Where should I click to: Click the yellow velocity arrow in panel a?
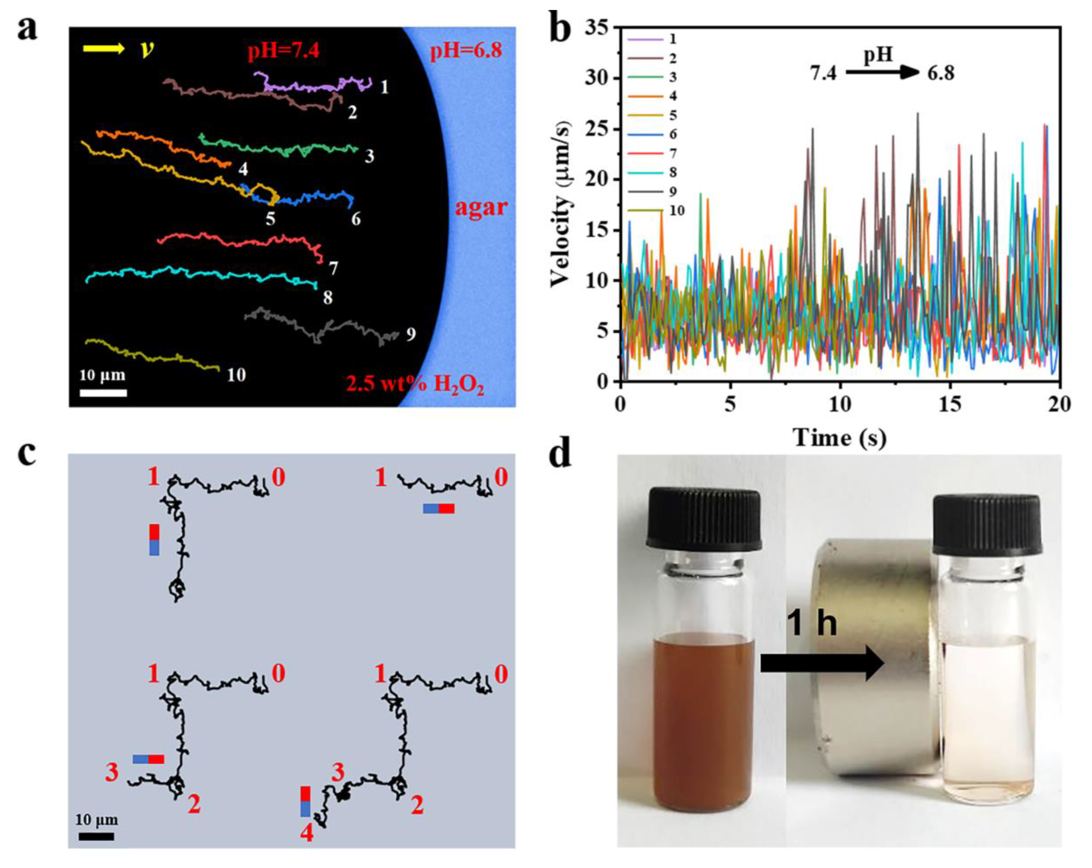[x=103, y=49]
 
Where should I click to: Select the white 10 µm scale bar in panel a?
[x=103, y=392]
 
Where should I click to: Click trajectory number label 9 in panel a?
[x=411, y=334]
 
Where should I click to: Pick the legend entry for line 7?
[x=654, y=154]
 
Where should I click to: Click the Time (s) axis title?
[x=839, y=437]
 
